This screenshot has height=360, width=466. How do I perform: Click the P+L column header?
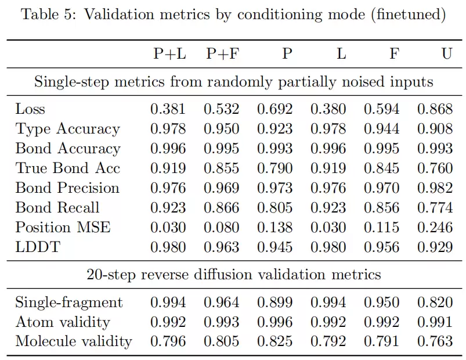click(x=169, y=54)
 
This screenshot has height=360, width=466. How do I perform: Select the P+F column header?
click(x=223, y=54)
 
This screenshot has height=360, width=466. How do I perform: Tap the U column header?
click(x=447, y=54)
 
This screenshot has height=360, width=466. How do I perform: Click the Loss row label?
click(x=30, y=109)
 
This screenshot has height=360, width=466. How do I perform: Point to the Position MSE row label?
click(x=63, y=228)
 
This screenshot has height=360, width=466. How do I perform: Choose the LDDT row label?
click(x=38, y=247)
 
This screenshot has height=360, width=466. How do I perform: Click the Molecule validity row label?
click(x=74, y=341)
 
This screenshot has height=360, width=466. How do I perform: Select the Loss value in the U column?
click(x=435, y=109)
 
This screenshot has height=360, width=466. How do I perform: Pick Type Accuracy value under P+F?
click(x=222, y=129)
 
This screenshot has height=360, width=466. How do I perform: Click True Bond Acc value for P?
click(x=275, y=168)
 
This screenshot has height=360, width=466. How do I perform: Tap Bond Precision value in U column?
click(x=435, y=188)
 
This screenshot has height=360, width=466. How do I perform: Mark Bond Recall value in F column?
click(x=382, y=207)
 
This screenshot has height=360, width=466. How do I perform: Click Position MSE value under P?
click(x=275, y=228)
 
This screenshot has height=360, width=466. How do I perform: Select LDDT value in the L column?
click(x=328, y=247)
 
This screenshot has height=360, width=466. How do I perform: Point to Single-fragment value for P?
click(x=275, y=303)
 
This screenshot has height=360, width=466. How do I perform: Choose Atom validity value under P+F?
click(x=222, y=322)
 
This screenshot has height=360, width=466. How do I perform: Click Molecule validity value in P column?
click(x=275, y=341)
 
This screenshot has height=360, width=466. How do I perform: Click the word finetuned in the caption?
click(x=409, y=15)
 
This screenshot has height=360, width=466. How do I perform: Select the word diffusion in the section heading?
click(x=223, y=274)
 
